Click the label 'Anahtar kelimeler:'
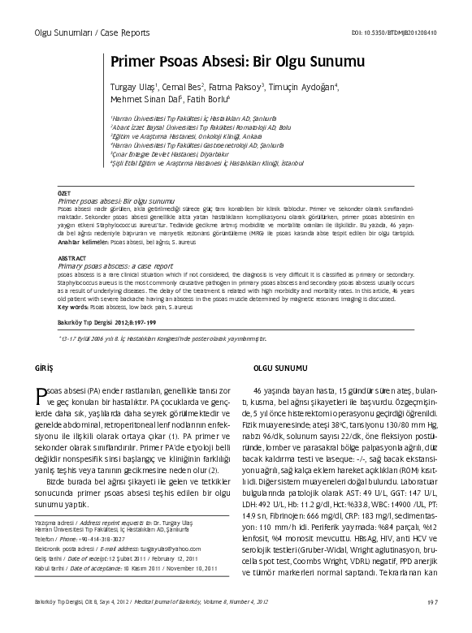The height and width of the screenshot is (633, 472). point(82,242)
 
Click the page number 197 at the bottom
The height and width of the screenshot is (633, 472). point(433,624)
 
